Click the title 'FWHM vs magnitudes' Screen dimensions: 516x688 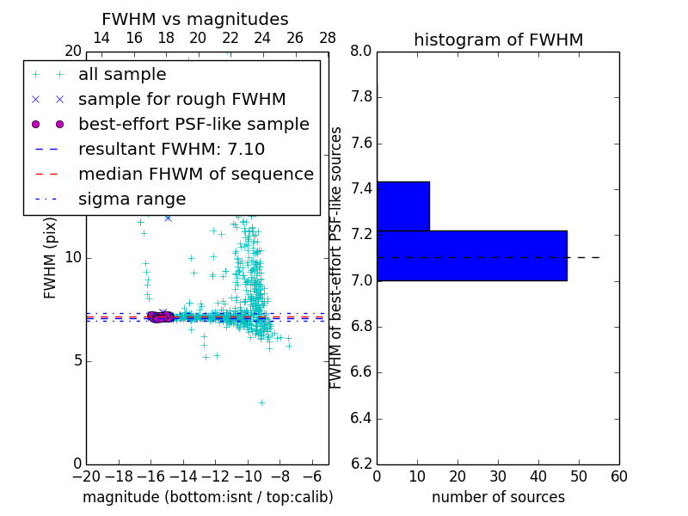click(195, 19)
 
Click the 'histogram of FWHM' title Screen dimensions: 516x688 click(498, 40)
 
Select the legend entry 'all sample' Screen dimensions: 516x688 click(122, 75)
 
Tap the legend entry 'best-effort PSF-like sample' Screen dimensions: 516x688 click(193, 124)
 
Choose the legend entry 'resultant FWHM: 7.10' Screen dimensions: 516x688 click(171, 149)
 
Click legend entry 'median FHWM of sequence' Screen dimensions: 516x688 click(195, 174)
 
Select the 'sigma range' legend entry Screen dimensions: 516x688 click(132, 199)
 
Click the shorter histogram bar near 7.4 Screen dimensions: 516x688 click(402, 206)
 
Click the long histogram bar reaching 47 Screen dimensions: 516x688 click(471, 255)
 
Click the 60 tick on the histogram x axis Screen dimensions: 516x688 click(618, 476)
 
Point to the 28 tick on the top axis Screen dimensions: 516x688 click(328, 38)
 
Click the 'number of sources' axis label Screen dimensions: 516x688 click(498, 497)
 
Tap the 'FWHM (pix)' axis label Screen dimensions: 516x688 click(51, 257)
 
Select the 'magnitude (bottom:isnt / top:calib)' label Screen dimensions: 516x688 click(207, 497)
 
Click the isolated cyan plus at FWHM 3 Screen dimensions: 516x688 click(261, 402)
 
